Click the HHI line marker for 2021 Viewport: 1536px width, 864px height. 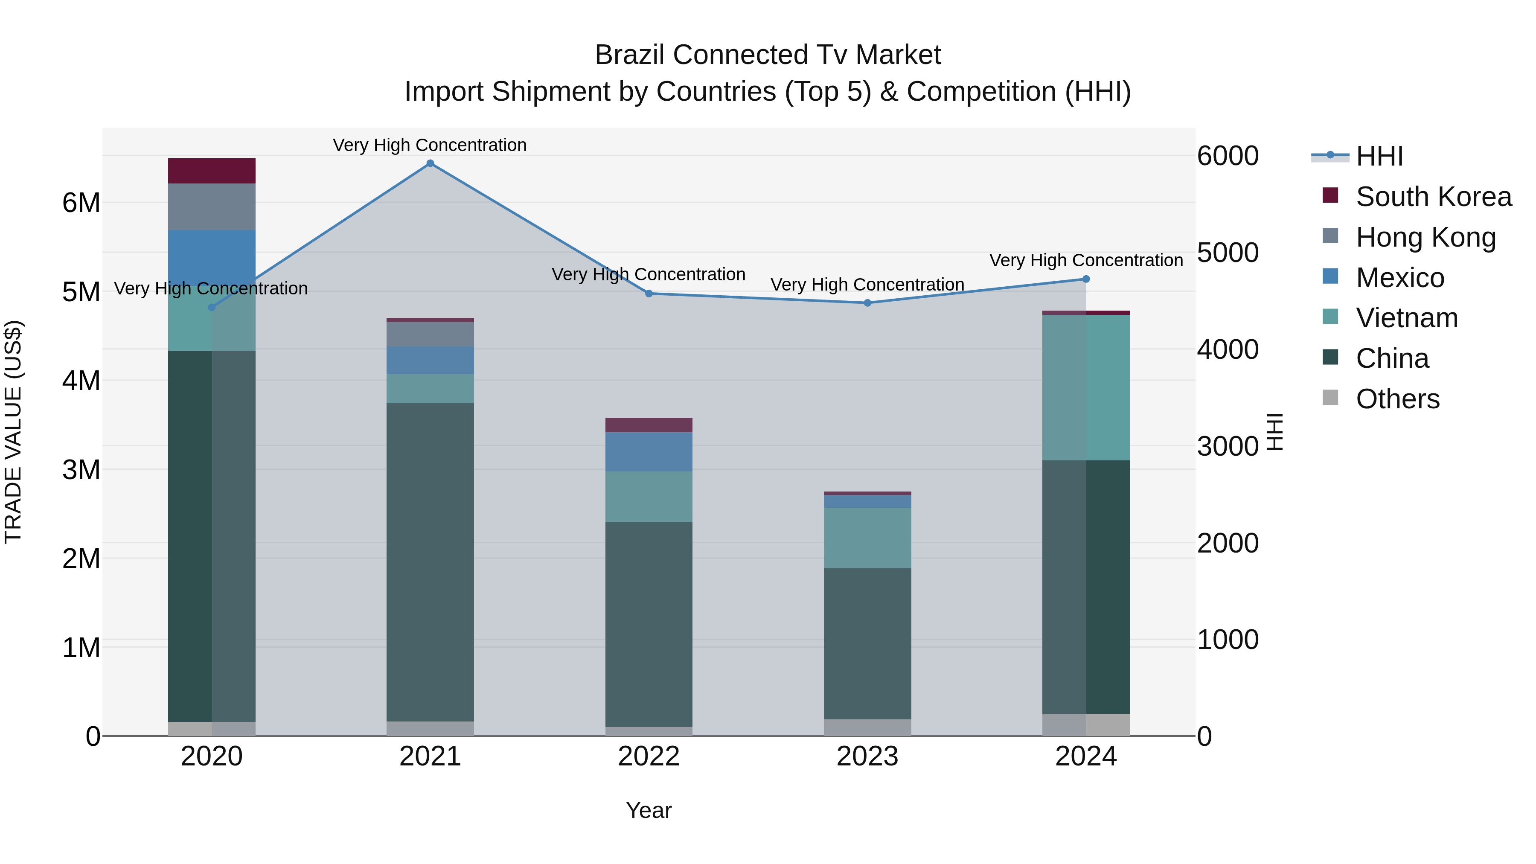point(430,163)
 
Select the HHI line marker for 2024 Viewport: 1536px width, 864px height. point(1086,279)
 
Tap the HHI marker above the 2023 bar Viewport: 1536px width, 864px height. point(867,303)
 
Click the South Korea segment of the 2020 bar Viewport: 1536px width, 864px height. point(212,171)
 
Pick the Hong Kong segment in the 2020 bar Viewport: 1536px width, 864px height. point(212,207)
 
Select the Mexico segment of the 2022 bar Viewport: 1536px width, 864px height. point(649,451)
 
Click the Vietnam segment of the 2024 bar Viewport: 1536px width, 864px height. point(1086,387)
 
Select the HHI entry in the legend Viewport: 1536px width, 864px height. point(1379,156)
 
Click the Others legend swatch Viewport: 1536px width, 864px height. point(1330,398)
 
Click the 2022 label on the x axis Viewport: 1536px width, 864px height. point(649,756)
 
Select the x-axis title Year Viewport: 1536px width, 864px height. point(649,810)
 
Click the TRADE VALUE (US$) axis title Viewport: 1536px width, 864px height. point(13,432)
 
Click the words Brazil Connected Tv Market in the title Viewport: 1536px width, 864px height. point(768,55)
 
